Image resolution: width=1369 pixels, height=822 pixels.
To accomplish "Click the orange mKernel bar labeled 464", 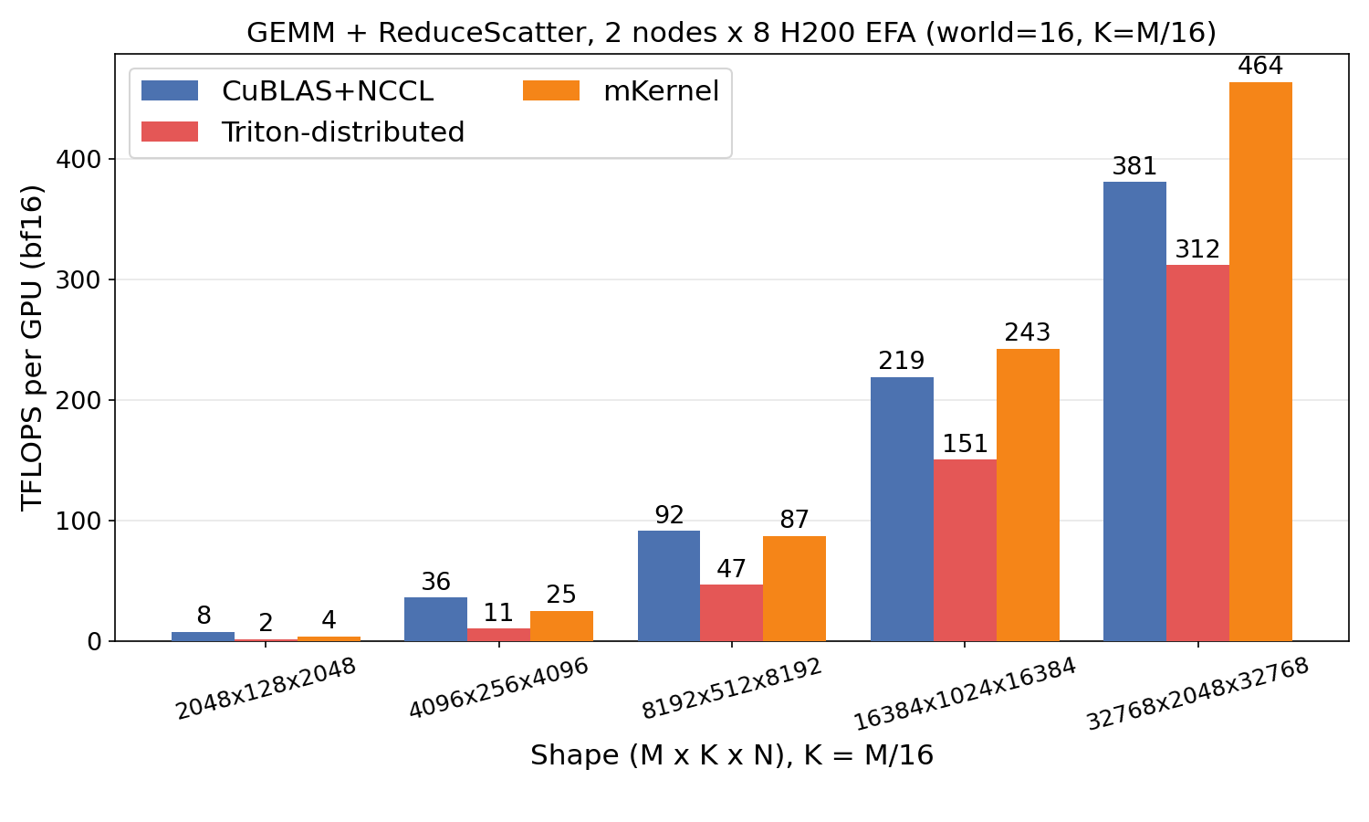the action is point(1260,362).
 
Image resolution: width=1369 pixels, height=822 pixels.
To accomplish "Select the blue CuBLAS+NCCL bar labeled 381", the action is point(1134,412).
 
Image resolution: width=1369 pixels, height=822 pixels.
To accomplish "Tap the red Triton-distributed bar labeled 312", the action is point(1197,453).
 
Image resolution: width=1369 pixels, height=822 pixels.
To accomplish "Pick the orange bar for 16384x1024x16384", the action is point(1028,495).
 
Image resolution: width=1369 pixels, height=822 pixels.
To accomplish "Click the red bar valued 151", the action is point(965,551).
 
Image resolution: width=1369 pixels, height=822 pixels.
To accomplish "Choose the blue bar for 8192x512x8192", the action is point(669,586).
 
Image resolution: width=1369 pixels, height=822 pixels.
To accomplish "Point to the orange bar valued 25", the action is point(561,626).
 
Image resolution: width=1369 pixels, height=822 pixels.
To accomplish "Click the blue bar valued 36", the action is point(435,619).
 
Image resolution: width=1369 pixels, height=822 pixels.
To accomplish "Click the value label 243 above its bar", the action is point(1028,332).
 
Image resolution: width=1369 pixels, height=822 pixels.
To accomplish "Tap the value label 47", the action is point(731,569).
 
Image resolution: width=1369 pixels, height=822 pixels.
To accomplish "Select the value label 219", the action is point(902,361).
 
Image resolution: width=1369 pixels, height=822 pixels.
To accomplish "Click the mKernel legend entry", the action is point(621,91).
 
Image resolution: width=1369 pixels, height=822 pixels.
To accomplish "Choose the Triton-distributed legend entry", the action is point(302,132).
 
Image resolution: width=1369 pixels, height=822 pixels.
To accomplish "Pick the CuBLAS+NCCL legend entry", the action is point(287,91).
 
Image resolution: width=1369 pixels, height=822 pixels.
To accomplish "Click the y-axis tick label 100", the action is point(78,522).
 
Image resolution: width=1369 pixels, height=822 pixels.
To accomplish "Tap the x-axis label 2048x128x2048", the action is point(266,690).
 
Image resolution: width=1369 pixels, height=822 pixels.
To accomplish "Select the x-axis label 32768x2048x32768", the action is point(1197,694).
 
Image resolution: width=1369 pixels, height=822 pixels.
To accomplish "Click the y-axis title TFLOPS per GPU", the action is point(32,347).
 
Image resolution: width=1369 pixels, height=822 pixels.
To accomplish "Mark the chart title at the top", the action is point(731,32).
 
